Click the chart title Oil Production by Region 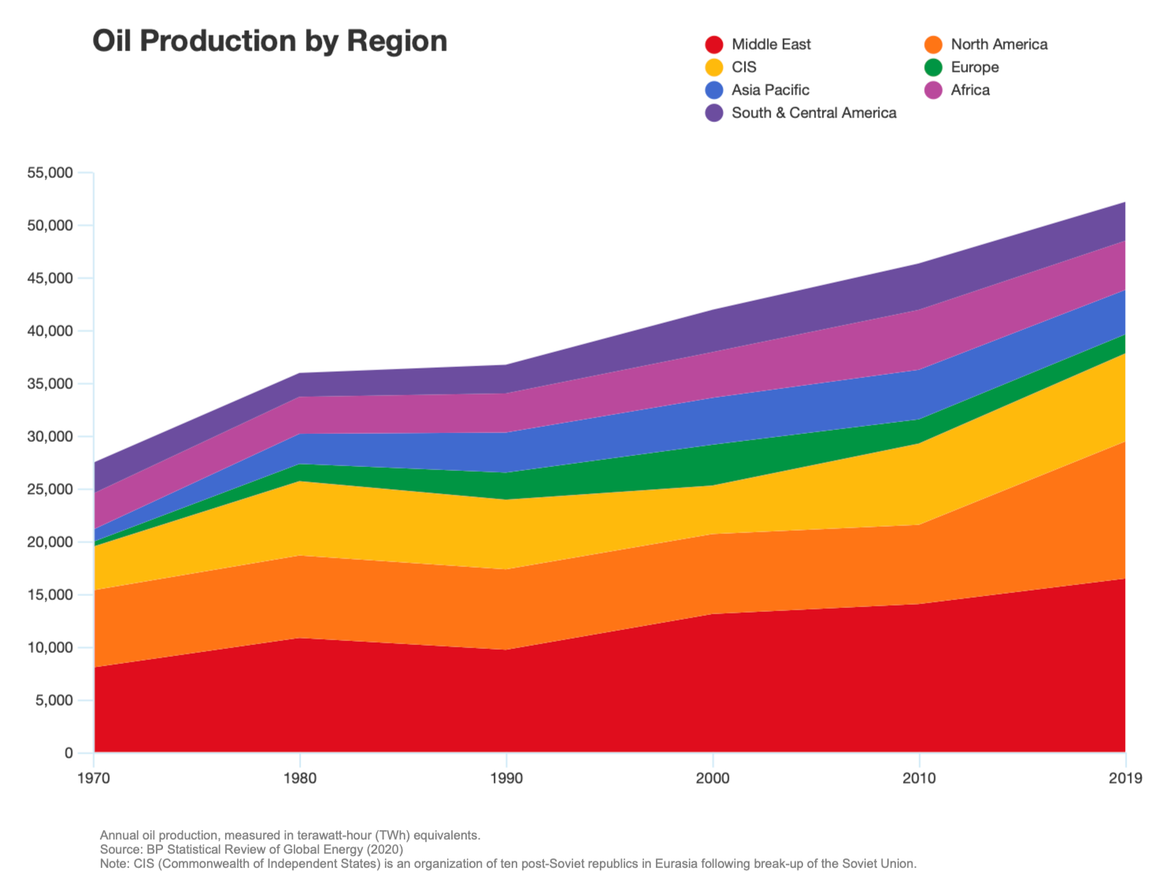pyautogui.click(x=269, y=41)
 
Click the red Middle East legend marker pyautogui.click(x=714, y=45)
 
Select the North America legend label pyautogui.click(x=998, y=45)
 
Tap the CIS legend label pyautogui.click(x=743, y=68)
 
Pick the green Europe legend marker pyautogui.click(x=933, y=68)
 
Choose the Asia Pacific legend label pyautogui.click(x=770, y=91)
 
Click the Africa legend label pyautogui.click(x=970, y=91)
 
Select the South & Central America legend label pyautogui.click(x=813, y=113)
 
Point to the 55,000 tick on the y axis pyautogui.click(x=50, y=173)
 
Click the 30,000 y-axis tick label pyautogui.click(x=50, y=437)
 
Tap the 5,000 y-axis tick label pyautogui.click(x=54, y=701)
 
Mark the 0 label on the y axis pyautogui.click(x=68, y=754)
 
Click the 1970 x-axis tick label pyautogui.click(x=94, y=779)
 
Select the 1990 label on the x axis pyautogui.click(x=506, y=779)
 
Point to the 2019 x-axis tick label pyautogui.click(x=1124, y=779)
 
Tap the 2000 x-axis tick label pyautogui.click(x=713, y=779)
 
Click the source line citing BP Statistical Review pyautogui.click(x=251, y=850)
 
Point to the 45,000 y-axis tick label pyautogui.click(x=50, y=279)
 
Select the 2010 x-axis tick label pyautogui.click(x=919, y=779)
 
